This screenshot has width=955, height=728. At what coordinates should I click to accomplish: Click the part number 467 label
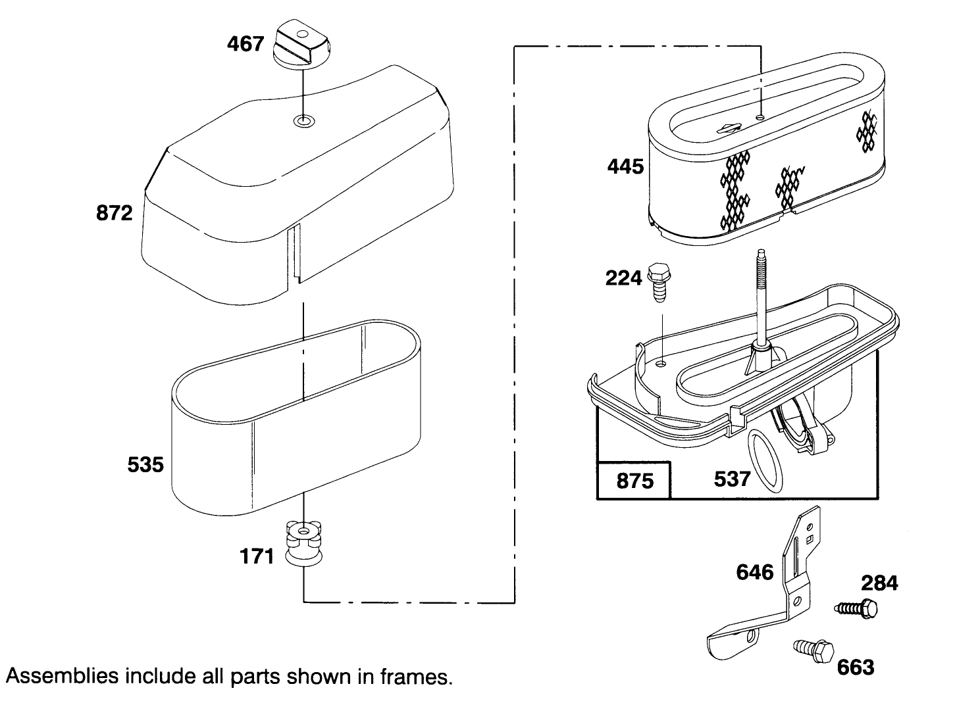click(x=245, y=44)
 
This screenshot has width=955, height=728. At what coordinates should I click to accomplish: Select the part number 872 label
click(x=115, y=213)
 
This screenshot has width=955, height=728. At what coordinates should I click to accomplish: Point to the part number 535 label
click(x=145, y=465)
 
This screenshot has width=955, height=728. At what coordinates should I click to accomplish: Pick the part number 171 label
click(x=256, y=556)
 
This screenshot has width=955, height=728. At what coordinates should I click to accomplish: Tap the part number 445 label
click(x=625, y=166)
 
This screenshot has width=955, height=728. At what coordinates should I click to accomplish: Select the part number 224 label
click(x=623, y=279)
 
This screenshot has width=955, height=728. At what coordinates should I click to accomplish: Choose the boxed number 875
click(x=634, y=481)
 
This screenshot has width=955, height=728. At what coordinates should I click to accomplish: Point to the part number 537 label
click(x=732, y=479)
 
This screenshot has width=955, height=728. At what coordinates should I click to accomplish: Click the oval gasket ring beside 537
click(x=766, y=461)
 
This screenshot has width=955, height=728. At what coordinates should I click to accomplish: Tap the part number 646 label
click(x=754, y=572)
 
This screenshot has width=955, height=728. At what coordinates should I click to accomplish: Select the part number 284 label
click(x=879, y=583)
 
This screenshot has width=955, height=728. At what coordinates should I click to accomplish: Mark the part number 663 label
click(x=856, y=667)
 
